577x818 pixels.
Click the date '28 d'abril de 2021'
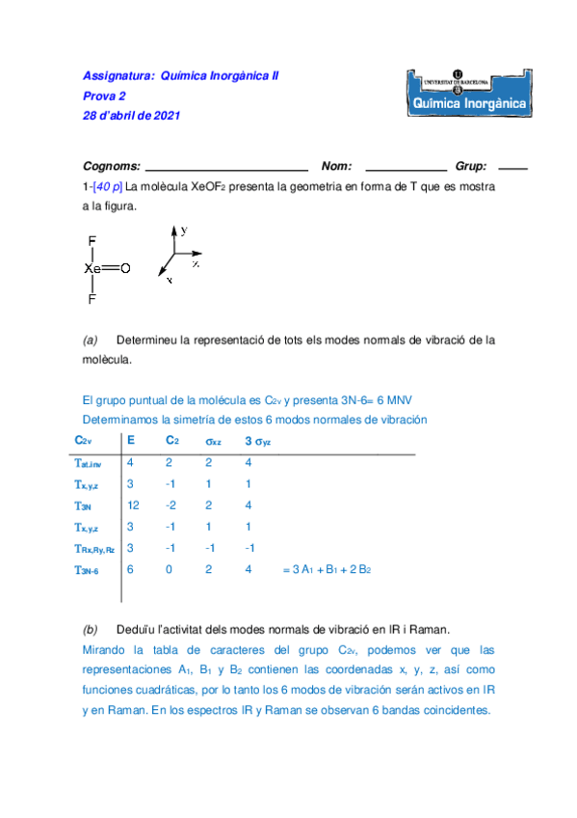[x=131, y=116]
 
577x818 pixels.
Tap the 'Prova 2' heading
[x=104, y=95]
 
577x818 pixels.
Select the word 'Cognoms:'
[x=112, y=166]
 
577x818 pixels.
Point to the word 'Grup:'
[x=471, y=166]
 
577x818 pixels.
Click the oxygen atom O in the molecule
[x=125, y=269]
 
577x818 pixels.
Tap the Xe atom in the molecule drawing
[x=92, y=269]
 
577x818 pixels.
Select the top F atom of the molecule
[x=92, y=241]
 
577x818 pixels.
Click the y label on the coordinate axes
[x=184, y=230]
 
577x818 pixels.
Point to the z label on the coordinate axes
[x=196, y=261]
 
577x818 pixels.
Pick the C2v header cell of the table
[x=84, y=441]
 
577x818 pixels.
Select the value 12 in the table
[x=134, y=504]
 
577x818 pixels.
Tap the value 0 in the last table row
[x=169, y=570]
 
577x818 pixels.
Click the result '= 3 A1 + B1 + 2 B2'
[x=327, y=570]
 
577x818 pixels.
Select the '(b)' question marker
[x=91, y=628]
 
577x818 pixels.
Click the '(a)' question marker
[x=91, y=340]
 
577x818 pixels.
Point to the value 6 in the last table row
[x=131, y=570]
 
